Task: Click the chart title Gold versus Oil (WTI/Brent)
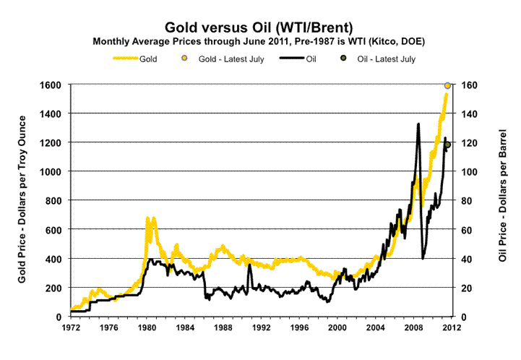coord(260,28)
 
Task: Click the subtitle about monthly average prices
coord(259,41)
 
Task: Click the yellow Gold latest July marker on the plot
coord(448,85)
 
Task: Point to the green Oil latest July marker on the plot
coord(448,145)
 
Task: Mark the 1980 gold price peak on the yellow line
coord(147,218)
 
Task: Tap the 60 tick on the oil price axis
coord(468,229)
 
